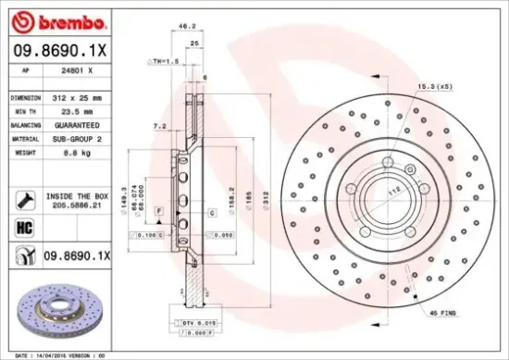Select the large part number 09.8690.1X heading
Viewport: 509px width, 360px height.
click(59, 52)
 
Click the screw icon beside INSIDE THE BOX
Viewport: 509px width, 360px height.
click(23, 197)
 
